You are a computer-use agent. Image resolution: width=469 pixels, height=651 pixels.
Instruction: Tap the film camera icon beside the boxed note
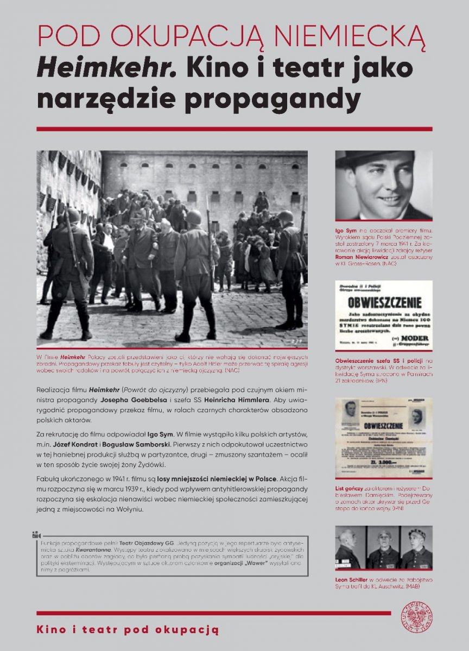pyautogui.click(x=36, y=534)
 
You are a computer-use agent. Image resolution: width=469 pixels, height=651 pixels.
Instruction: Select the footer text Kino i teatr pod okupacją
pyautogui.click(x=128, y=630)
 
